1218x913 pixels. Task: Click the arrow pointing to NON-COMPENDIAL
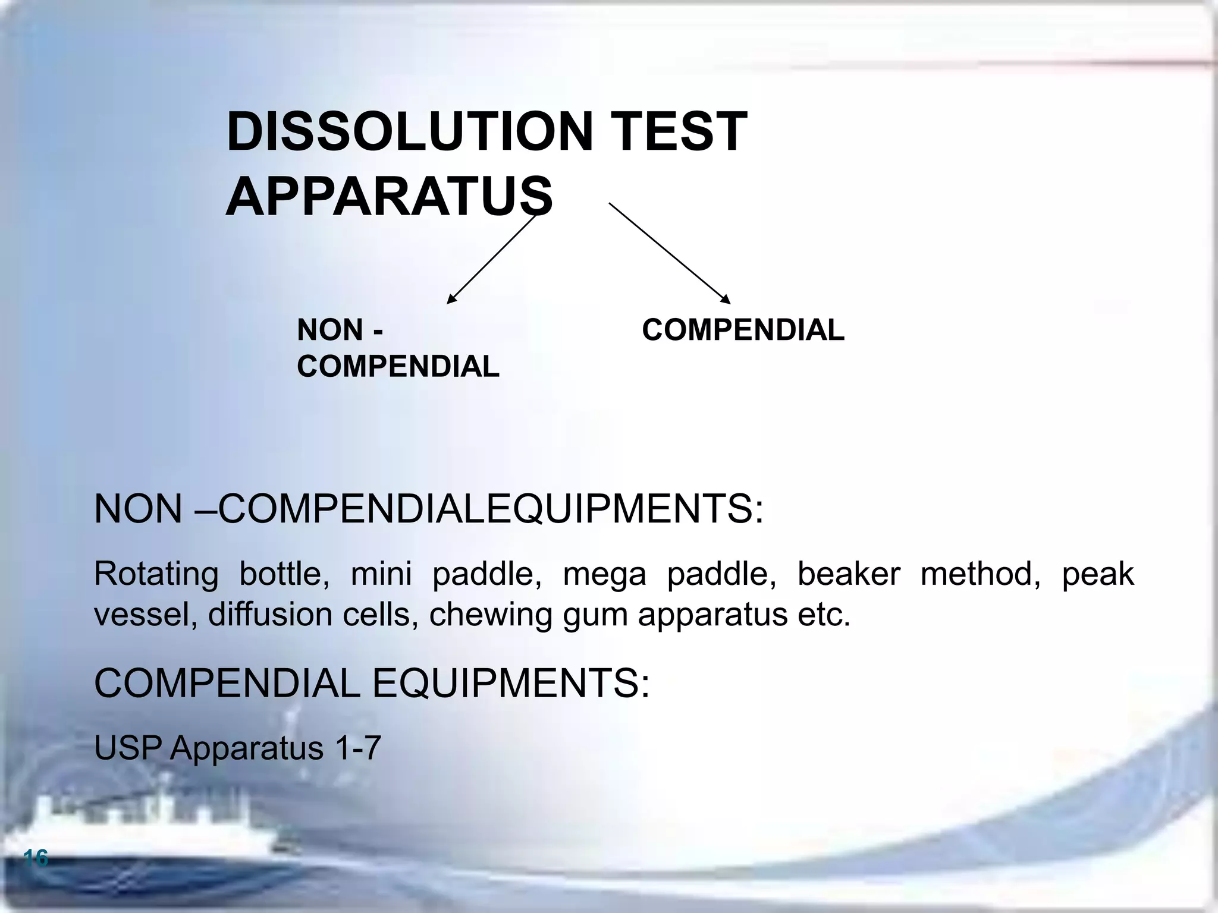click(491, 260)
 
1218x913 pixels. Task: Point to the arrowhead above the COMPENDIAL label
click(725, 299)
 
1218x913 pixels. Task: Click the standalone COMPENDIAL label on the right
click(743, 330)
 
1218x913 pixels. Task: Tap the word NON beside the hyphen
click(330, 330)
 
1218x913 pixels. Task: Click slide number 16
click(36, 858)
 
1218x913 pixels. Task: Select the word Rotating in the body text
click(156, 574)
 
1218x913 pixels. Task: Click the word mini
click(381, 574)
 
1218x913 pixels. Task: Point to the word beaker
click(848, 574)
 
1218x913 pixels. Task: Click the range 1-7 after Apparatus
click(357, 748)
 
